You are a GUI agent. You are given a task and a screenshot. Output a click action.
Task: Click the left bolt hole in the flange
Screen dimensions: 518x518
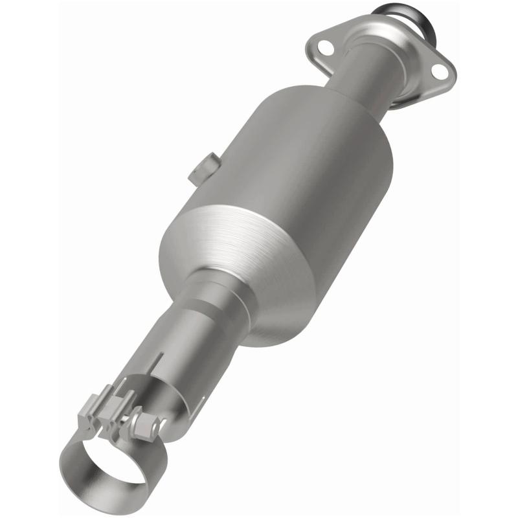click(324, 48)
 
